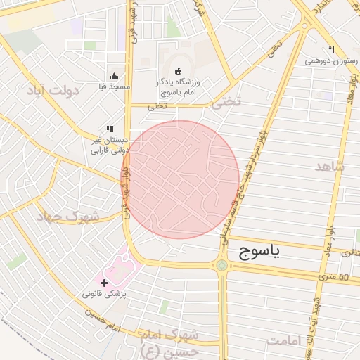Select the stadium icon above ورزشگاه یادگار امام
pyautogui.click(x=178, y=71)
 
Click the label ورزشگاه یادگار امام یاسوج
pyautogui.click(x=178, y=87)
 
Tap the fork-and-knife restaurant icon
pyautogui.click(x=330, y=49)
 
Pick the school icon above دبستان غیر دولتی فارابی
pyautogui.click(x=109, y=129)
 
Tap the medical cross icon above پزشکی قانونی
pyautogui.click(x=105, y=282)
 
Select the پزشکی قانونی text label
pyautogui.click(x=105, y=294)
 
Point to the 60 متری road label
pyautogui.click(x=333, y=277)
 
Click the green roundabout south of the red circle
pyautogui.click(x=223, y=265)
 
